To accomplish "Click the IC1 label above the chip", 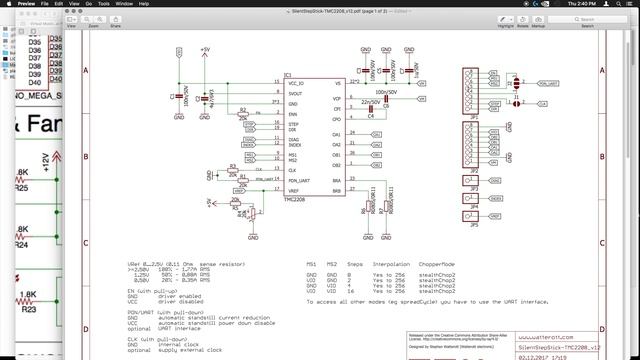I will click(x=288, y=74).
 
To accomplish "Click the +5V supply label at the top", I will click(x=205, y=49).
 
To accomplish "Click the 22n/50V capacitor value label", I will click(x=370, y=101).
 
